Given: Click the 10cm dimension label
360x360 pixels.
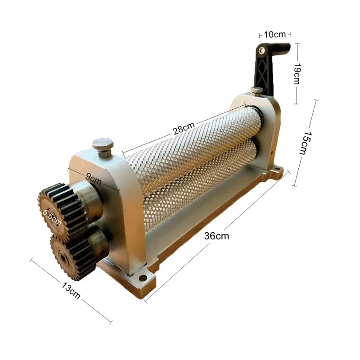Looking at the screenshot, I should (x=274, y=35).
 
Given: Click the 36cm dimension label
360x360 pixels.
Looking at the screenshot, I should (x=216, y=236).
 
